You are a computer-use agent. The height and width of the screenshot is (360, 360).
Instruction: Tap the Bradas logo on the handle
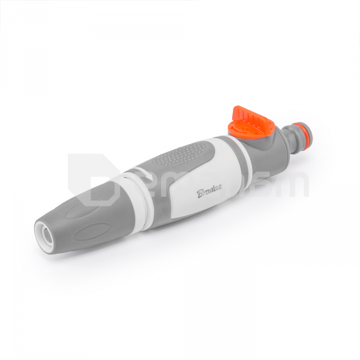point(210,190)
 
